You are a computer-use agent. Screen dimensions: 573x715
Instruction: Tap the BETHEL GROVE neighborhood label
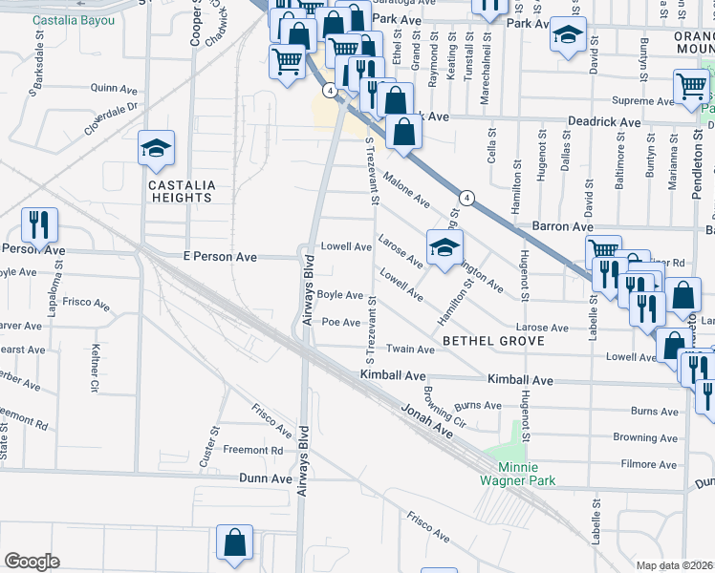tap(493, 341)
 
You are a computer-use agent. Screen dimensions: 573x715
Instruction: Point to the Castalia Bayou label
tap(66, 20)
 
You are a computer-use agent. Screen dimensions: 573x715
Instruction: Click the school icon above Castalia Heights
tap(156, 149)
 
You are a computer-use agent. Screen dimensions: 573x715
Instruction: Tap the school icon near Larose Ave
tap(444, 248)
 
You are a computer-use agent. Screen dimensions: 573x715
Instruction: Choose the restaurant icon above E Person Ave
tap(39, 225)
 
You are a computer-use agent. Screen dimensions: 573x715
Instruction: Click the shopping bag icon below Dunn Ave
tap(234, 543)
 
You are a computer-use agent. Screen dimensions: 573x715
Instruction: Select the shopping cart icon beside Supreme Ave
tap(690, 87)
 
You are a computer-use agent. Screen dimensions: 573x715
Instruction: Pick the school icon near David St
tap(568, 35)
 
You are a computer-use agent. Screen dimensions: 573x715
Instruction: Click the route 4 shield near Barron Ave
tap(466, 198)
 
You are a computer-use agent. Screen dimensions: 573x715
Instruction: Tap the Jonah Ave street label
tap(425, 418)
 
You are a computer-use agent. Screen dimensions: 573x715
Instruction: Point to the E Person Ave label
tap(220, 257)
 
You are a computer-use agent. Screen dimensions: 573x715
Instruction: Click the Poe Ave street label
tap(340, 322)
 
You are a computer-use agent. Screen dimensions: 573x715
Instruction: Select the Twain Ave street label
tap(411, 350)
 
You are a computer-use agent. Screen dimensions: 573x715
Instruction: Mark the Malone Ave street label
tap(406, 188)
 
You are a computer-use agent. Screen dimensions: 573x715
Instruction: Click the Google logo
tap(32, 561)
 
